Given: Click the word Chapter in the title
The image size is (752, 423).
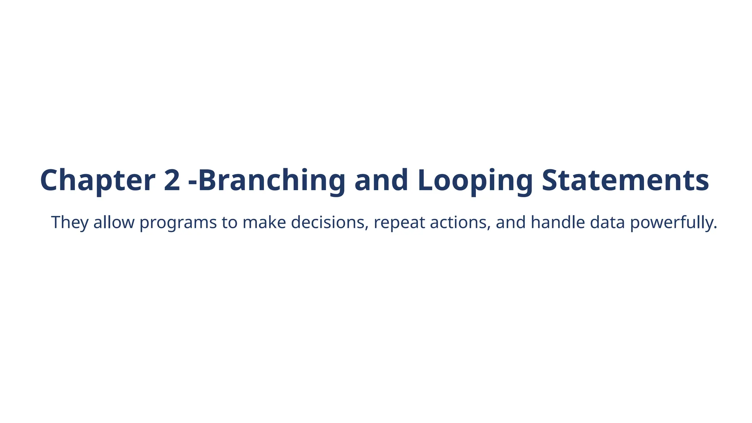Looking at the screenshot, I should coord(97,180).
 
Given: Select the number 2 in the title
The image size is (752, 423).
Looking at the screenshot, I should coord(172,180).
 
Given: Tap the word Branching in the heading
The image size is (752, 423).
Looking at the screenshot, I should coord(272,180).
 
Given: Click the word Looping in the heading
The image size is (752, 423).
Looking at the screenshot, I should coord(475,180).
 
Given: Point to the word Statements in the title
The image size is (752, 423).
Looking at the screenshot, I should coord(625,180).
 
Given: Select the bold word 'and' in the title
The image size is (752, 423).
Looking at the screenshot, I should coord(381,180).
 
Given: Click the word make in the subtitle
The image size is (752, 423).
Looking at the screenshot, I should coord(264,223).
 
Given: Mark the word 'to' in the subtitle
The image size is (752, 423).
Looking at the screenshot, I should coord(229,223).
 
